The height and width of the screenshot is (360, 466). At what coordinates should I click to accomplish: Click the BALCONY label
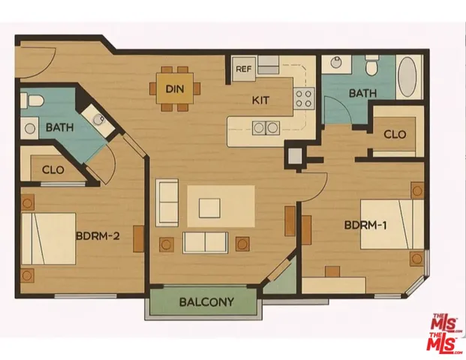tap(206, 303)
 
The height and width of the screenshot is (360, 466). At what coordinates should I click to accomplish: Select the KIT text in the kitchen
tap(260, 99)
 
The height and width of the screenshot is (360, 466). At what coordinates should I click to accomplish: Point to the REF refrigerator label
tap(243, 70)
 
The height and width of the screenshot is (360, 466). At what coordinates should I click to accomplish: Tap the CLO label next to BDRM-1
tap(395, 136)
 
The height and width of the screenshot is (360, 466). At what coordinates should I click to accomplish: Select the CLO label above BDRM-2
tap(52, 169)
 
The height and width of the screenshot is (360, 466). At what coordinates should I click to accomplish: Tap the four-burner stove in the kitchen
tap(303, 97)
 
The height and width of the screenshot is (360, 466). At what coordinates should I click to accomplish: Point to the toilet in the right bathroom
tap(370, 67)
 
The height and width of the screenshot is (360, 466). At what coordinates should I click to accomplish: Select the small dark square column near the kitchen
tap(294, 156)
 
